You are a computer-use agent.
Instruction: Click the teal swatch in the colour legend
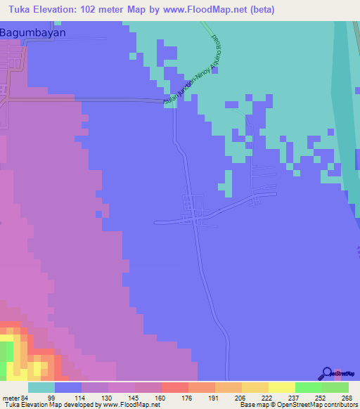pos(41,387)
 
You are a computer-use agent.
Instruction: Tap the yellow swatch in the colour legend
pos(281,387)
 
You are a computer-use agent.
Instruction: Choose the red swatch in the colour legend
pos(174,387)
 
